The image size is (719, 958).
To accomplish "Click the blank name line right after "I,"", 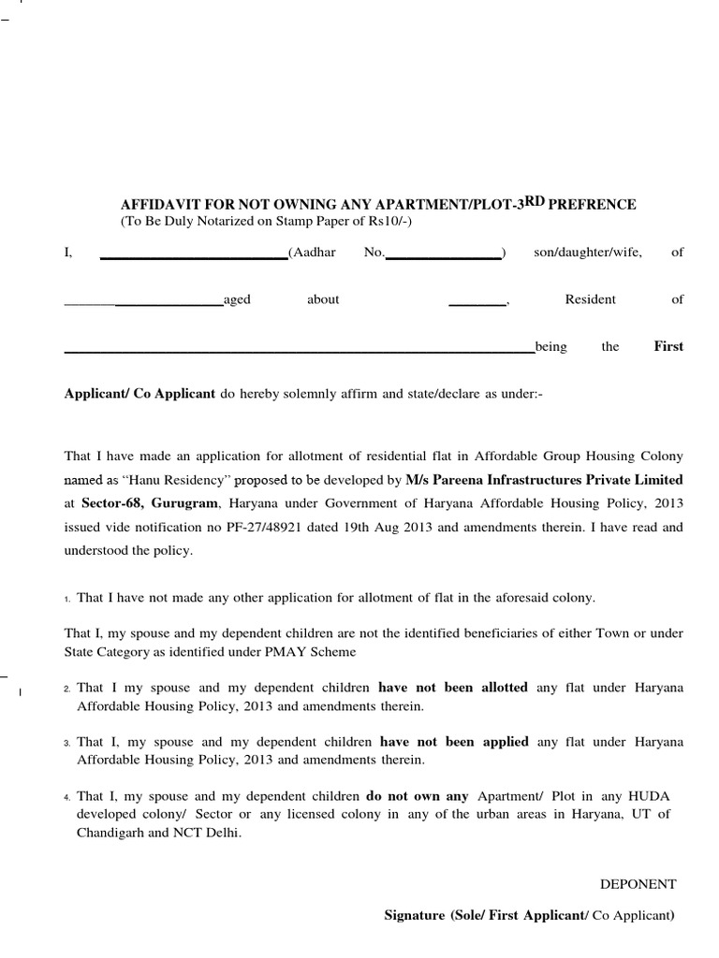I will click(193, 255).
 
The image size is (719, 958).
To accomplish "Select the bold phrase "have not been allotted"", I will click(452, 688).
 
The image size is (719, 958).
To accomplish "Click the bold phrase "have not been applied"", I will click(453, 742).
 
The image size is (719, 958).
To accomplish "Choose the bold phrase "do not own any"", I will click(417, 796).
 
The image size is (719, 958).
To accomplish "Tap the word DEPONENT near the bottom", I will click(638, 884).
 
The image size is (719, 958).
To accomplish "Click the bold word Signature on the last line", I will click(415, 916).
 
